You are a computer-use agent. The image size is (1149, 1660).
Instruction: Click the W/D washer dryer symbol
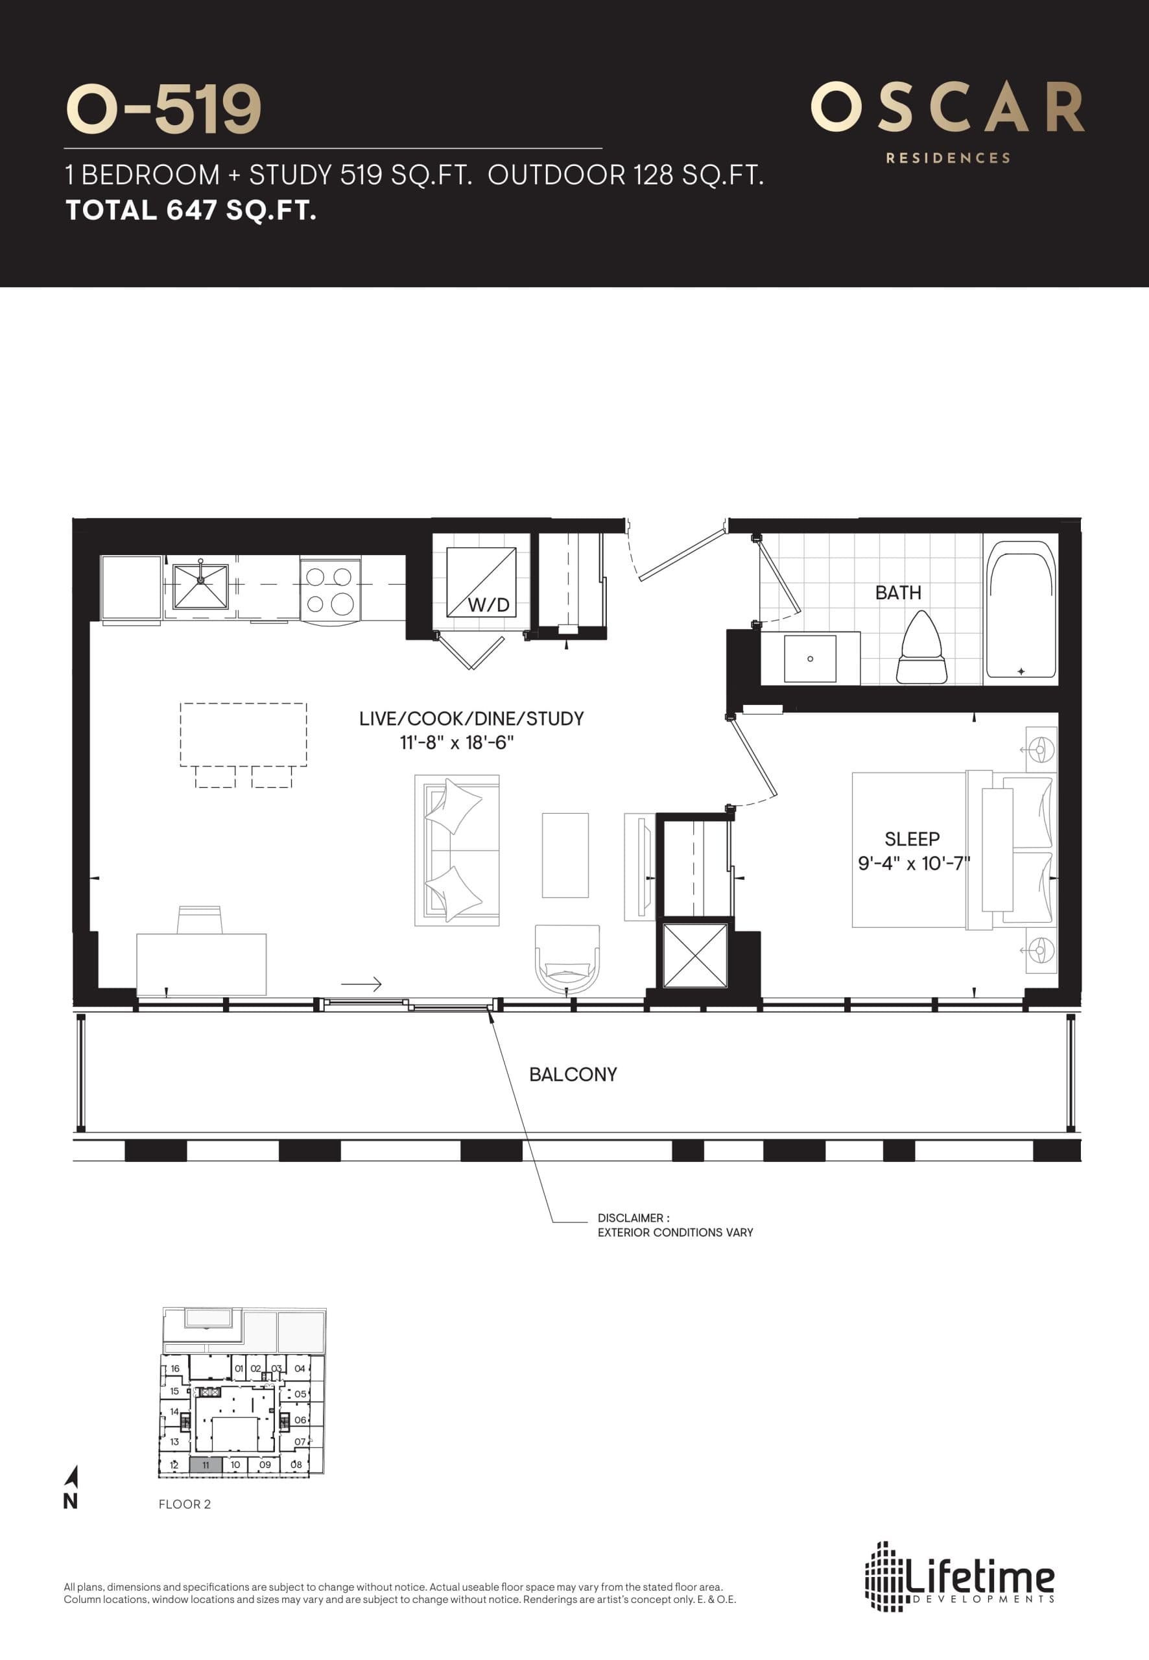[480, 582]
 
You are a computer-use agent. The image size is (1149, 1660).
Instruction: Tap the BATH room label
[898, 593]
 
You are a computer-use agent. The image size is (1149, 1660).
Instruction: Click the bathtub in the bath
[1020, 610]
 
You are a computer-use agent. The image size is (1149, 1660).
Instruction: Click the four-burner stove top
[330, 589]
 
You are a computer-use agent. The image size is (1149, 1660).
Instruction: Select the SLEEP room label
[912, 838]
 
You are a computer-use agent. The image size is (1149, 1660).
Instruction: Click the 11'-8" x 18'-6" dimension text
[456, 742]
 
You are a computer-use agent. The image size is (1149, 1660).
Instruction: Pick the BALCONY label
[573, 1074]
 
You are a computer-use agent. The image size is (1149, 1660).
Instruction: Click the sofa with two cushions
[456, 850]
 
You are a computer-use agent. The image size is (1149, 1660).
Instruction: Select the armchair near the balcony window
[567, 960]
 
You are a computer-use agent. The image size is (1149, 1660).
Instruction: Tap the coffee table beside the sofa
[565, 855]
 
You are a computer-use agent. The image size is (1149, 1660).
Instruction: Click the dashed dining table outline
[243, 734]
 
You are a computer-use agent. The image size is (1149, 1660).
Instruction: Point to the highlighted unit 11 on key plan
[205, 1465]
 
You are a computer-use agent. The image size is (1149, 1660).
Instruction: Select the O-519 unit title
[163, 110]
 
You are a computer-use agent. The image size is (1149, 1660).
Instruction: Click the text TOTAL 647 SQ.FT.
[191, 210]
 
